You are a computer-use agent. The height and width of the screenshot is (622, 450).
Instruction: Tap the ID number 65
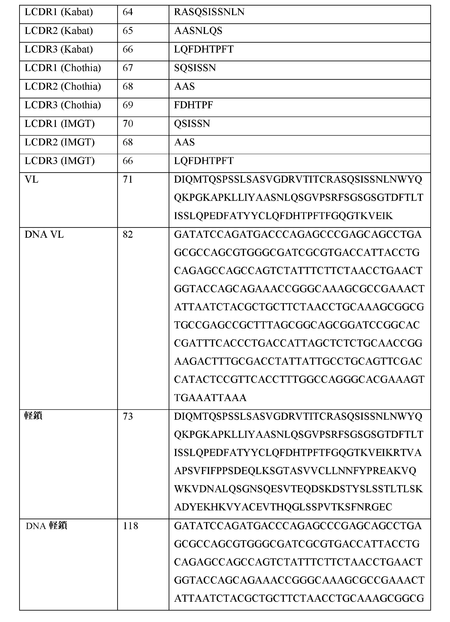[x=128, y=31]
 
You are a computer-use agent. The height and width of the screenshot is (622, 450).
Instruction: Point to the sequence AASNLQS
[x=198, y=31]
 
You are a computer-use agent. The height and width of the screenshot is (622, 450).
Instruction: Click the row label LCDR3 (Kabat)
[x=59, y=49]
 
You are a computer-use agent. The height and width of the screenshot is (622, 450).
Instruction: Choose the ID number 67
[x=128, y=68]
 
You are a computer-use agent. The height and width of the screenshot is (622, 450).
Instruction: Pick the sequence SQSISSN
[x=195, y=68]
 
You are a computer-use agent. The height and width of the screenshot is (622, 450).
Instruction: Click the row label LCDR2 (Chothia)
[x=63, y=87]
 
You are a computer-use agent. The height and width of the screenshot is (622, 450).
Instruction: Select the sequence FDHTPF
[x=193, y=105]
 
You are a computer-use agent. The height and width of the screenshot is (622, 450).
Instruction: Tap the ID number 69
[x=128, y=105]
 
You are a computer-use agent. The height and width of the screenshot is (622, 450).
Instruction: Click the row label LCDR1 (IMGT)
[x=60, y=124]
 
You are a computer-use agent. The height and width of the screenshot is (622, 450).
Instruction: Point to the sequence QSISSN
[x=192, y=124]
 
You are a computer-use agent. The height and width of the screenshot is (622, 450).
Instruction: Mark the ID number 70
[x=128, y=124]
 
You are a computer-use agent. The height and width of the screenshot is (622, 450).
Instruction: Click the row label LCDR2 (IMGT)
[x=60, y=142]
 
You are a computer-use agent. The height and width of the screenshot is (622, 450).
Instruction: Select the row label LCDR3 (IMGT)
[x=60, y=161]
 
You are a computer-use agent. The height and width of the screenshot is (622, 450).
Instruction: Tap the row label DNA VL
[x=44, y=235]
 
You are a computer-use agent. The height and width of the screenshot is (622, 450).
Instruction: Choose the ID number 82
[x=128, y=235]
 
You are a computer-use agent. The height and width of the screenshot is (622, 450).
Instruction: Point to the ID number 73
[x=128, y=417]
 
